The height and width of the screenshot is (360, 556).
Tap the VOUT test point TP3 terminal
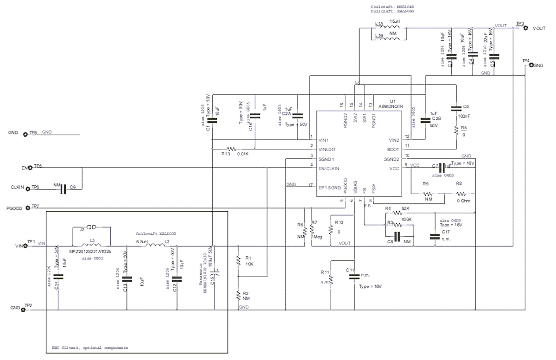(x=525, y=28)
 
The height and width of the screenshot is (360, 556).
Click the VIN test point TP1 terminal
(x=25, y=246)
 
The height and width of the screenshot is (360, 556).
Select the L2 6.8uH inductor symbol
(x=153, y=246)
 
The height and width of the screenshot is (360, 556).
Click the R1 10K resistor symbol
(x=238, y=262)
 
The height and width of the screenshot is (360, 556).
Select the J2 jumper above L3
(x=91, y=227)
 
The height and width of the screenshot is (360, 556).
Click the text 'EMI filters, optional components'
(x=89, y=347)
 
